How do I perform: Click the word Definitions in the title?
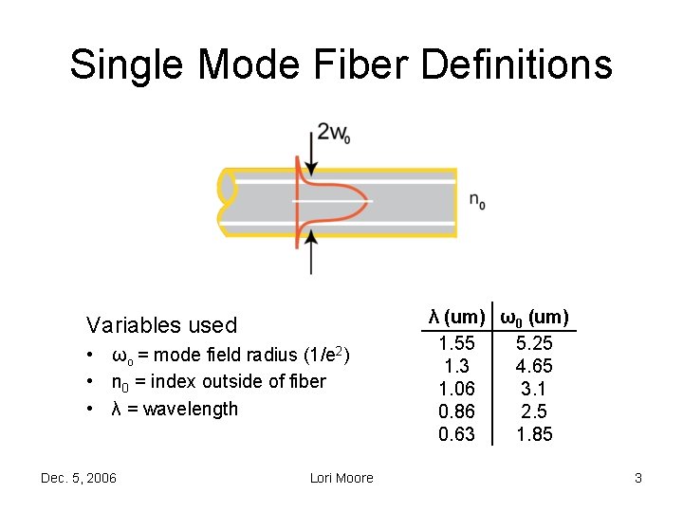point(515,64)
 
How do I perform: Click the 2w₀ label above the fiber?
point(333,133)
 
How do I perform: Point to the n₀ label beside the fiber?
point(477,201)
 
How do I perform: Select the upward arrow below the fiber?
point(310,251)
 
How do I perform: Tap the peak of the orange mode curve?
point(365,201)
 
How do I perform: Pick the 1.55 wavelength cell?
point(457,343)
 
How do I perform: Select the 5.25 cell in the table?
point(534,343)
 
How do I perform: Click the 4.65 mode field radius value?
point(534,366)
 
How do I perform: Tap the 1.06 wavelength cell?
point(457,389)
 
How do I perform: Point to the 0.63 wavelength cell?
point(457,434)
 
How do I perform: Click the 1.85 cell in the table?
point(534,434)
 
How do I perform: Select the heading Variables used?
point(161,325)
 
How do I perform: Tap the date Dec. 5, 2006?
point(79,478)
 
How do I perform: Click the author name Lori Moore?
point(341,478)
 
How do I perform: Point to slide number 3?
point(638,478)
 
